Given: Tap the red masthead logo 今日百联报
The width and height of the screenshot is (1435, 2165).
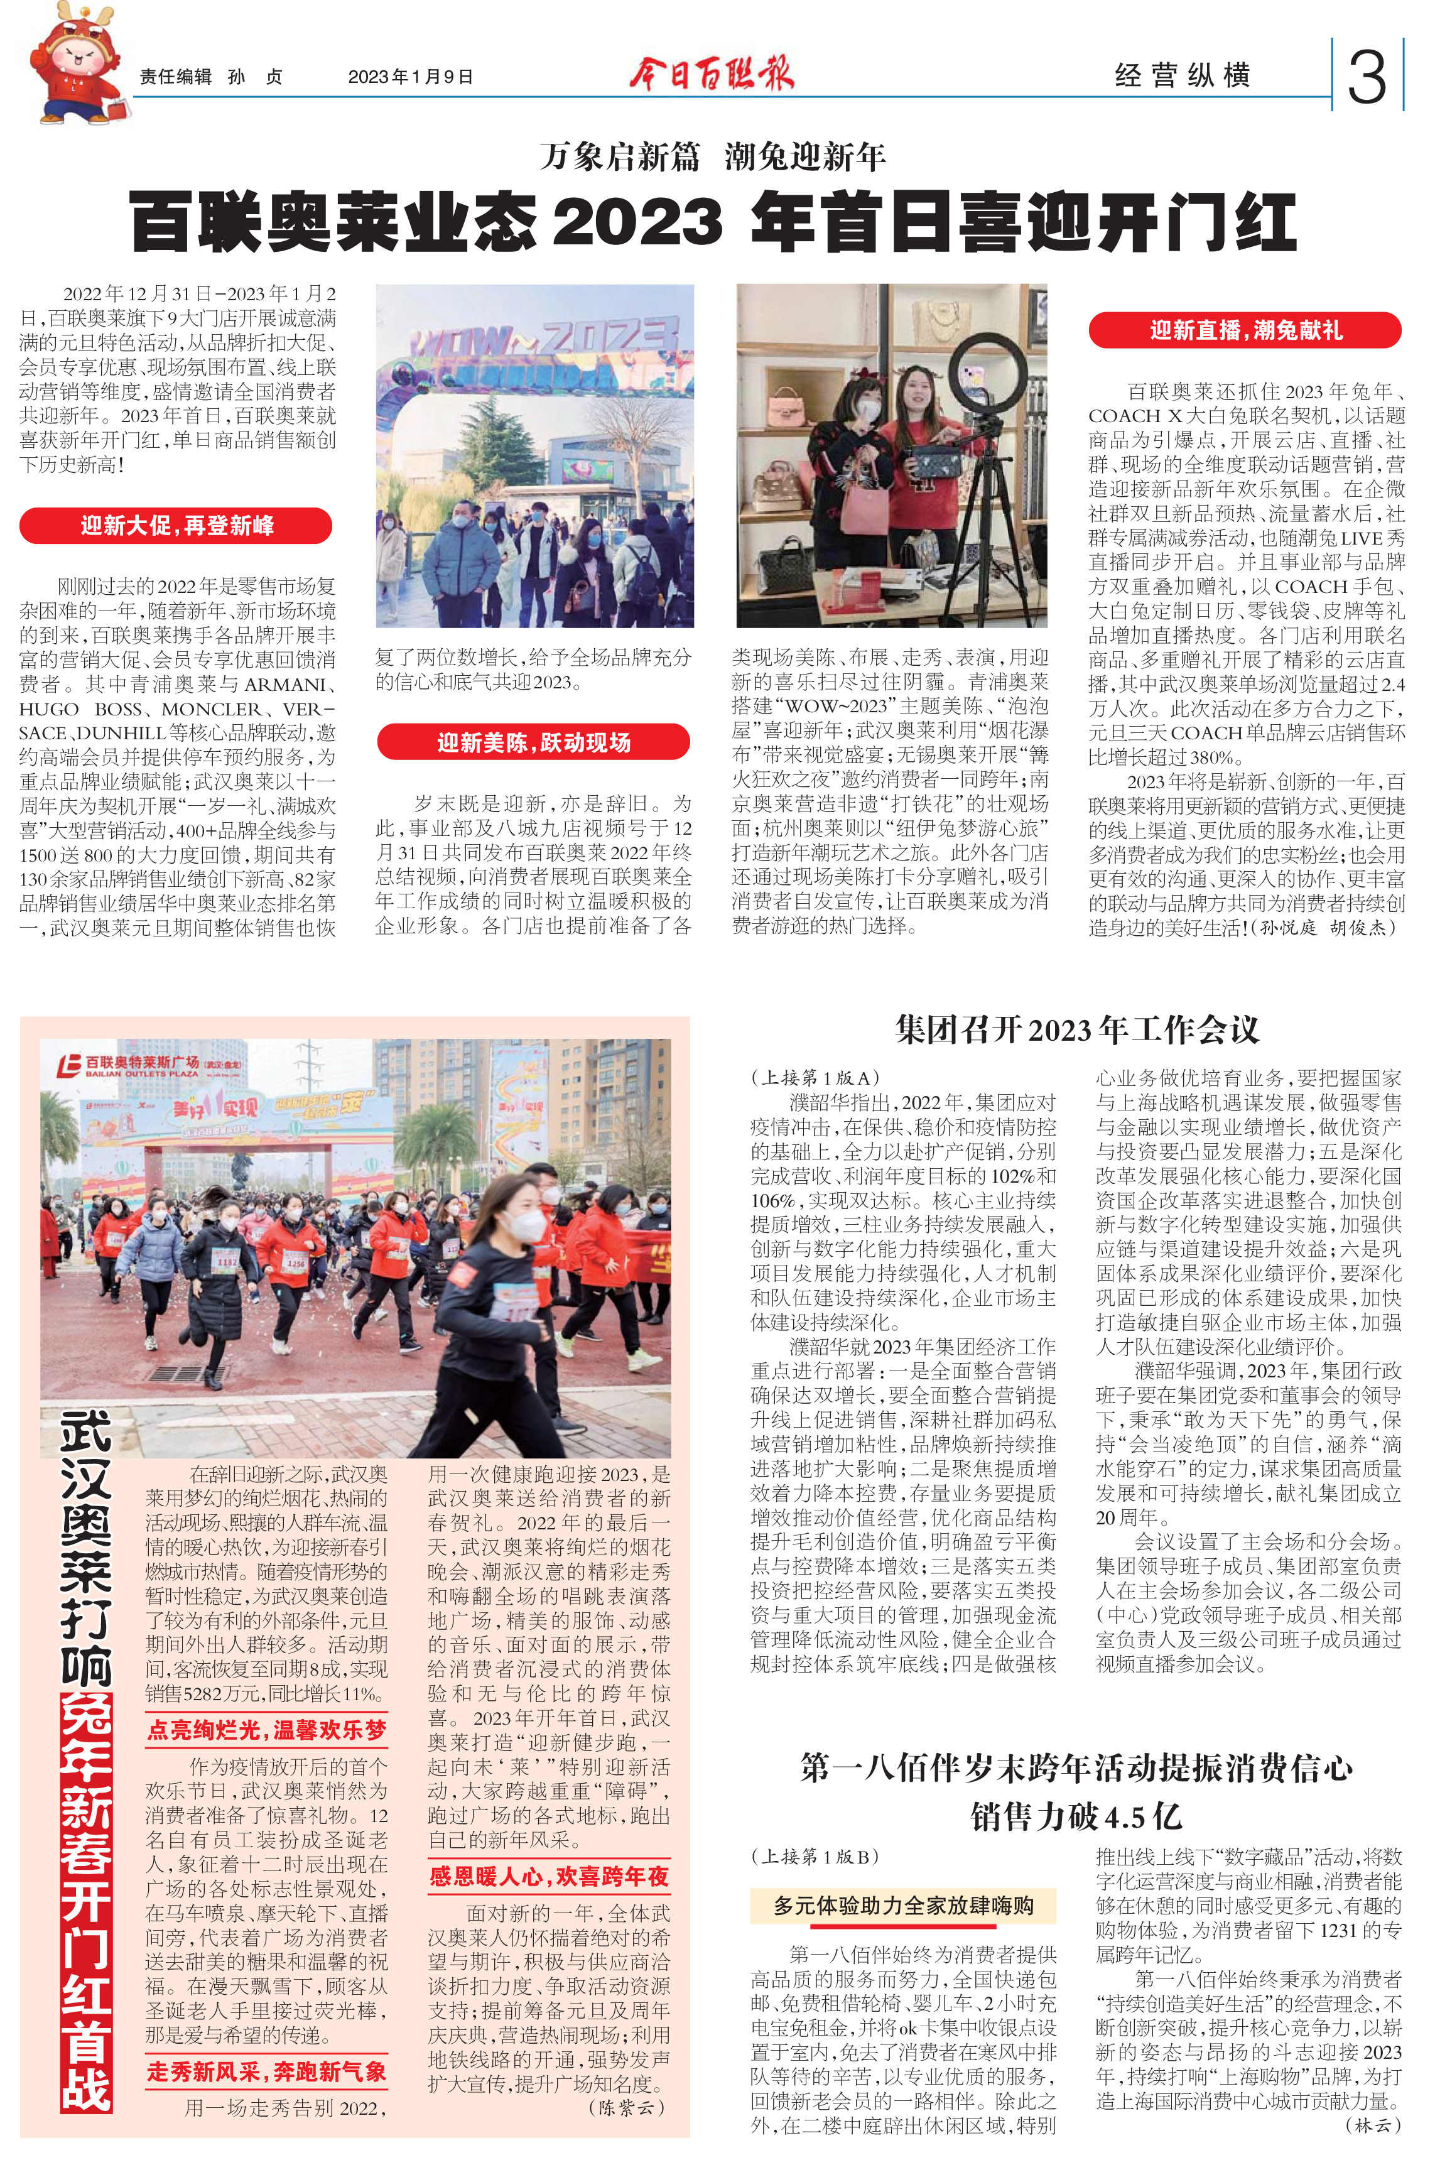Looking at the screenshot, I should [711, 74].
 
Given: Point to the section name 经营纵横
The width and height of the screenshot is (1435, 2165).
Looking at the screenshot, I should [1181, 76].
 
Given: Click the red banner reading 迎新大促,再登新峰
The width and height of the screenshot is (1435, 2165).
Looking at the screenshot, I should [176, 526].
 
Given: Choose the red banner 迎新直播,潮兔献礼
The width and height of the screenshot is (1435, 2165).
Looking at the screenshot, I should [1245, 330].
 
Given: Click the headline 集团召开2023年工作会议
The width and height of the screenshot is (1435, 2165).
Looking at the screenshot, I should [1076, 1031].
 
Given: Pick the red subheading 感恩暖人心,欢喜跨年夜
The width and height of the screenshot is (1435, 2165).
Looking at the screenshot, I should [549, 1877].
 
